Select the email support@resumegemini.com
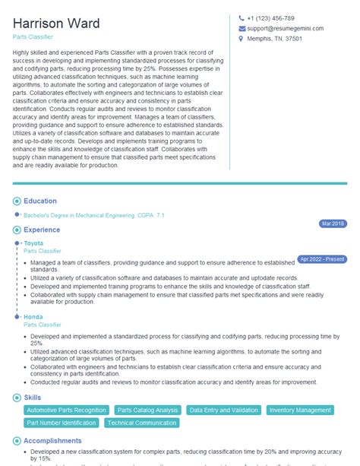(x=286, y=29)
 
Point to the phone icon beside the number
(x=242, y=18)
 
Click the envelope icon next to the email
(x=242, y=29)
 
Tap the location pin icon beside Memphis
(x=242, y=40)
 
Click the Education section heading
(x=40, y=201)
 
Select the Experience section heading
(x=43, y=229)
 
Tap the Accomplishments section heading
(x=52, y=440)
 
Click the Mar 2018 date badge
(x=333, y=223)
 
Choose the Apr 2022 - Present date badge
(x=321, y=259)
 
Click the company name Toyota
(x=34, y=243)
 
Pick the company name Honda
(x=33, y=317)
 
